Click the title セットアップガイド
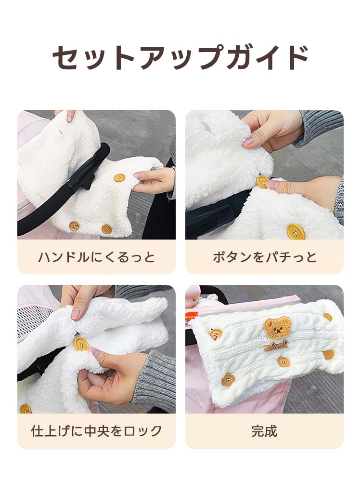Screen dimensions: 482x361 [x=180, y=58]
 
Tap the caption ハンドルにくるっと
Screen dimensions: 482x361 [x=96, y=257]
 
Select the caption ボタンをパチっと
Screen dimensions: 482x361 [x=264, y=257]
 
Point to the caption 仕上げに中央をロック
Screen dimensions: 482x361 [x=96, y=430]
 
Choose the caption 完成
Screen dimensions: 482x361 [x=264, y=430]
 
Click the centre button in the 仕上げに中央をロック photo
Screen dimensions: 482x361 [x=81, y=344]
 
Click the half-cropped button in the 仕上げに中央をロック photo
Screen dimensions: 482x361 [x=26, y=409]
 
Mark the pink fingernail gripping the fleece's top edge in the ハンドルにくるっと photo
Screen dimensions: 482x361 [x=71, y=117]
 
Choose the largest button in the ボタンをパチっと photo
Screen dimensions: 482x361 [x=295, y=231]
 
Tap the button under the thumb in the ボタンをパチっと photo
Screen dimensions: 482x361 [x=263, y=182]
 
